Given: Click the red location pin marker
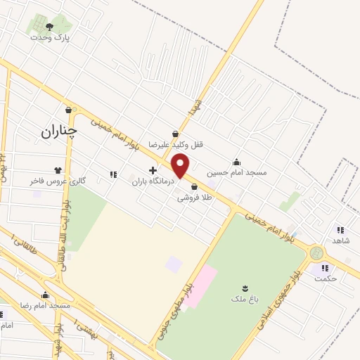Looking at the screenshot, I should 181,167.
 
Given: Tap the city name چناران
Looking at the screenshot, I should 58,131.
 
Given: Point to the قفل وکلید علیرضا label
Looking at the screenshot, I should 179,145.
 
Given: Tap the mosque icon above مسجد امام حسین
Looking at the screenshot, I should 236,161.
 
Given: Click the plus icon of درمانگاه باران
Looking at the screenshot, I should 153,170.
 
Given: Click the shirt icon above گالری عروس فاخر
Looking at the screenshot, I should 58,170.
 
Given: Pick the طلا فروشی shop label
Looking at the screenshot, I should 194,198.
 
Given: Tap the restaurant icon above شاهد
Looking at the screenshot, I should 340,229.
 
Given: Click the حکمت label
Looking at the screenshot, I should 326,278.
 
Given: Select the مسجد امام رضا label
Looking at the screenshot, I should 46,306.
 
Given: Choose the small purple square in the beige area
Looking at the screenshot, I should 173,265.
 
